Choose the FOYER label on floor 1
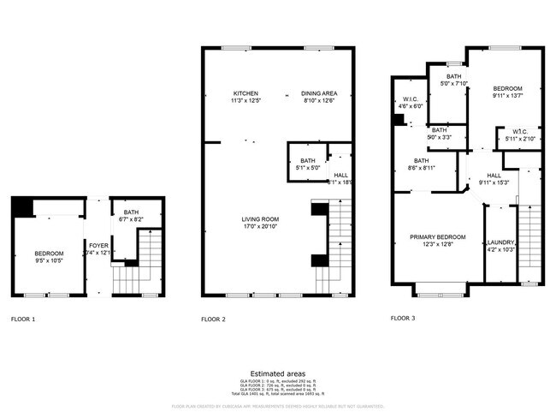pos(98,245)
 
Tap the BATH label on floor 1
pos(131,212)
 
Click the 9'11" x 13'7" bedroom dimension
pos(507,96)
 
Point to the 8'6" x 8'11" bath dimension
pos(422,168)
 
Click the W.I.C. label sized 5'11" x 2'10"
pos(519,139)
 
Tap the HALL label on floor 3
pos(494,175)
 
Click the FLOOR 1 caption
pos(23,319)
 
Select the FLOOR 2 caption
pos(213,319)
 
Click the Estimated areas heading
pos(278,373)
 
